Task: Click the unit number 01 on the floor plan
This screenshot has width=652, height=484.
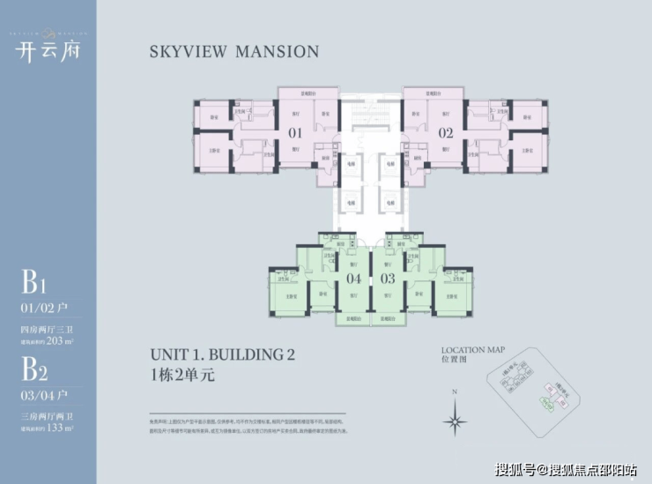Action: (x=295, y=134)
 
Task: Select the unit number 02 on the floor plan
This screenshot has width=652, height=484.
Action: (x=445, y=134)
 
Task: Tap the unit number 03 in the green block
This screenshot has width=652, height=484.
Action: (x=387, y=279)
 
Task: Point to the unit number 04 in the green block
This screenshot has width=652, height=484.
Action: (x=353, y=279)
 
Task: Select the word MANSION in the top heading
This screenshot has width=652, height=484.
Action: (x=275, y=51)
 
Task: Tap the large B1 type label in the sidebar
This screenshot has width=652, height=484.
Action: (x=33, y=284)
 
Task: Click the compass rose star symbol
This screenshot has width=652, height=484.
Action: (x=455, y=418)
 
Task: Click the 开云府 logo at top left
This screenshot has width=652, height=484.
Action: (x=43, y=50)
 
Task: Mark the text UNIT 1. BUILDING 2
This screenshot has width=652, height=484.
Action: (x=222, y=355)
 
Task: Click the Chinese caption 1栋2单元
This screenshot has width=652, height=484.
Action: (x=182, y=374)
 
